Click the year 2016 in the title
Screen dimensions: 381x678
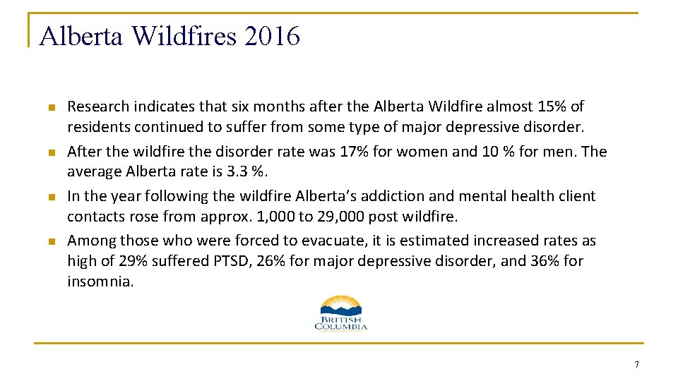tap(272, 35)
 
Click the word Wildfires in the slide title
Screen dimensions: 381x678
tap(184, 35)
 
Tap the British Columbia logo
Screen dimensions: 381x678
tap(340, 312)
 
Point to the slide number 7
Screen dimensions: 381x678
tap(636, 365)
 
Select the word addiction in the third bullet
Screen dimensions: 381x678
tap(382, 196)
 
